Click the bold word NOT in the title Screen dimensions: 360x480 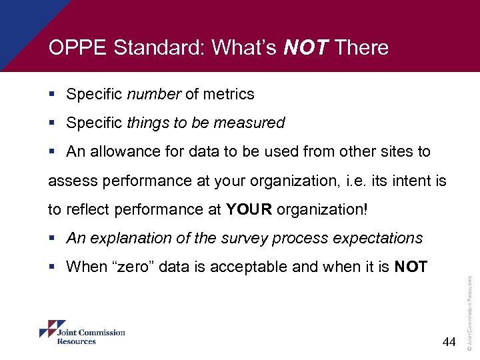(x=306, y=48)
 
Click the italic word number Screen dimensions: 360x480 (x=153, y=94)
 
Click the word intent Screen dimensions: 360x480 (x=398, y=180)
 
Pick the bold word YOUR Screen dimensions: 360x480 (x=249, y=209)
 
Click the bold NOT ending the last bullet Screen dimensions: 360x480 (x=411, y=267)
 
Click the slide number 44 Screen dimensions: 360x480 (x=449, y=342)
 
